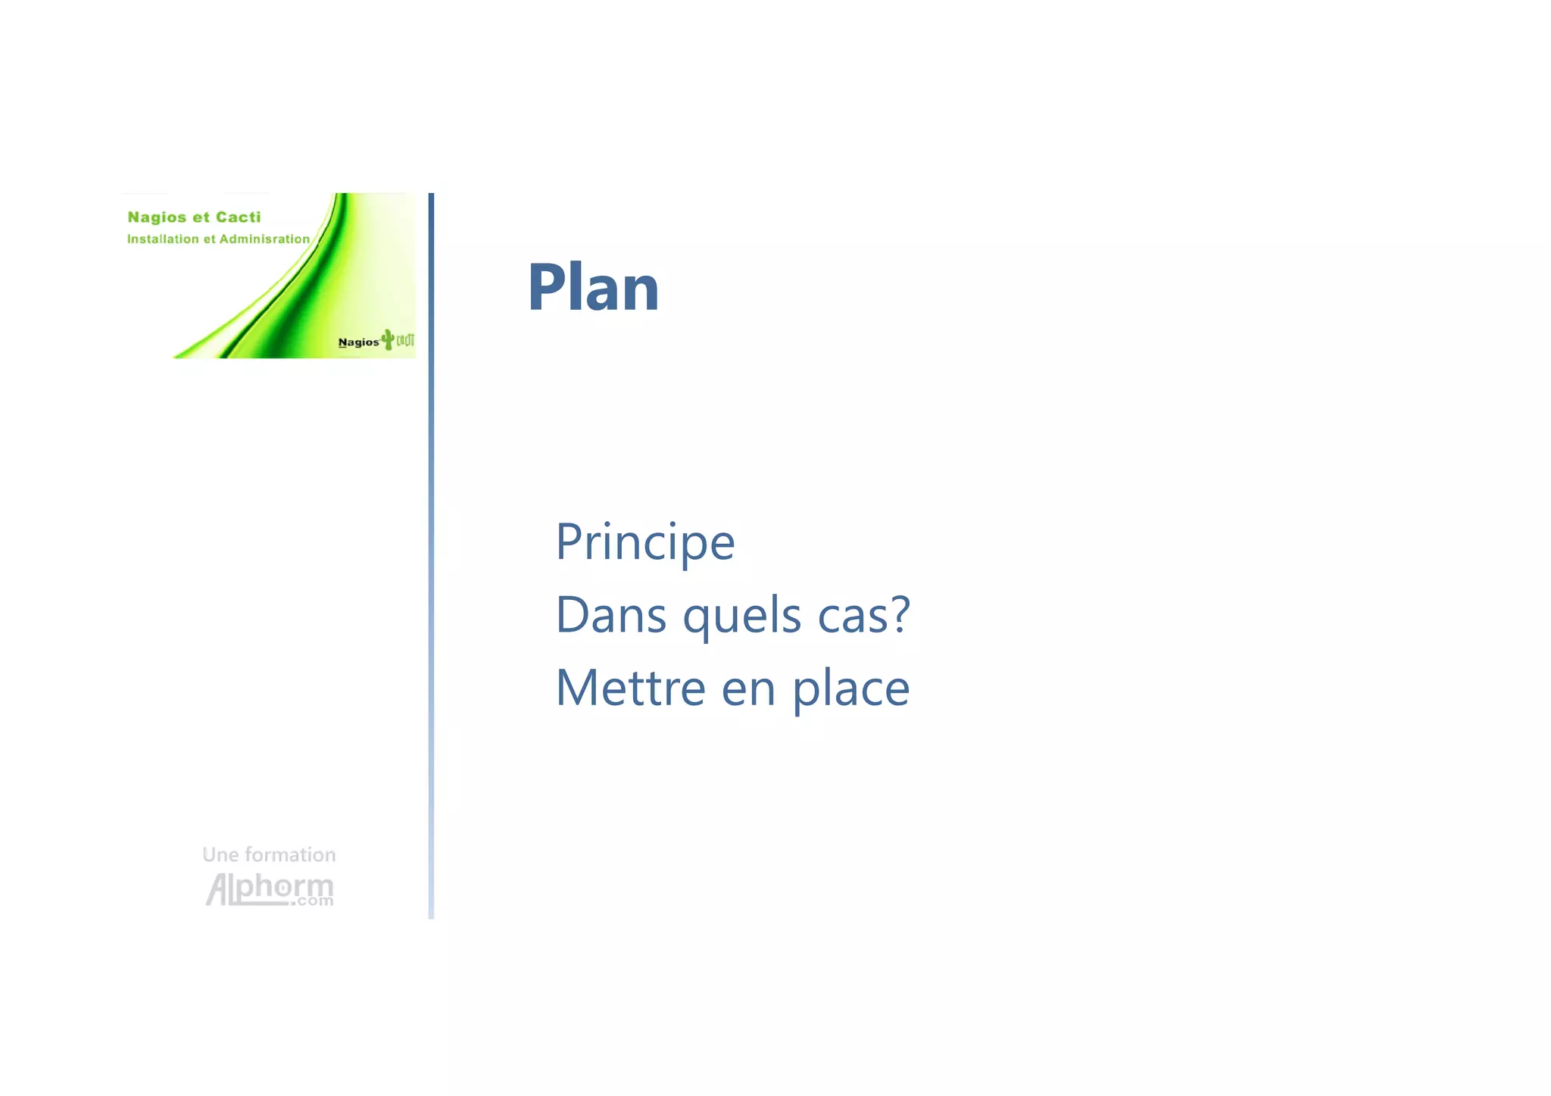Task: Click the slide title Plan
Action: click(593, 288)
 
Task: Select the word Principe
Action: click(645, 542)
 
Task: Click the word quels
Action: click(741, 616)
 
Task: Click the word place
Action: click(850, 689)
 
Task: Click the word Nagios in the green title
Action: click(157, 217)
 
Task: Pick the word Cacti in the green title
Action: click(238, 217)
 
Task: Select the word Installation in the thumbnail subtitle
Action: click(163, 239)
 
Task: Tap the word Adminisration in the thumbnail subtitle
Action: click(264, 239)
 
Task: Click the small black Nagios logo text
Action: click(358, 342)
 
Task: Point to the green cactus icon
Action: click(388, 339)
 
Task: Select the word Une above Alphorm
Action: click(220, 855)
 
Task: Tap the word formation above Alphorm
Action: click(290, 855)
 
